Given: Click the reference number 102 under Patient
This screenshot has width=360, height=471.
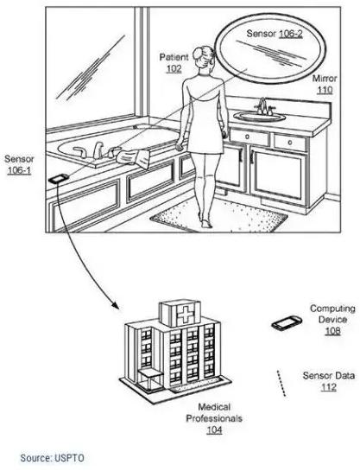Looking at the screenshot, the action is coord(174,69).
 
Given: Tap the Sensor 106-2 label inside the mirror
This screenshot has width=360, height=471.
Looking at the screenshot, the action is coord(275,34).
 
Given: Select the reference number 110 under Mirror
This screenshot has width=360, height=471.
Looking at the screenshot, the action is coord(325,90).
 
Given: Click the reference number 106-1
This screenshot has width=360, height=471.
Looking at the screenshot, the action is coord(19,170).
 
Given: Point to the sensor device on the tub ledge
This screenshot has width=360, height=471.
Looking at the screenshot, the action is coord(58,179).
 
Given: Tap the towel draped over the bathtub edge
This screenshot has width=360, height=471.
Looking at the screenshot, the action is coord(134,158).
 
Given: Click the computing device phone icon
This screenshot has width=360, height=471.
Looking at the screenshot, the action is coord(287,323).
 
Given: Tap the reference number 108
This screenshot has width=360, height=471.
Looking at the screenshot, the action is coord(333,331).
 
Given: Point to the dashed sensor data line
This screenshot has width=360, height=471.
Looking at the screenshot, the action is coord(281,384).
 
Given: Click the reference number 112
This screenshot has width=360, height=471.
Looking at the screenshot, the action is coord(329,387).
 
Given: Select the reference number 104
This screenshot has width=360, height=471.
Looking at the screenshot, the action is coord(214,430).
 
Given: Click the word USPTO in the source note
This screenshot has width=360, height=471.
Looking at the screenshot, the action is coord(69,458).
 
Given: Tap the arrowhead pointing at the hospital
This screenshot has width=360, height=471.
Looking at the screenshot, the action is coord(115,304).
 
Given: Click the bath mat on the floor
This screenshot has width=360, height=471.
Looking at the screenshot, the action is coord(219,215).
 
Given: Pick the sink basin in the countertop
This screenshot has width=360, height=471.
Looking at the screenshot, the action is coord(260,117).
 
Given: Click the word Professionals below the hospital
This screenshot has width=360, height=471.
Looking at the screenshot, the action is coord(214,418).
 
